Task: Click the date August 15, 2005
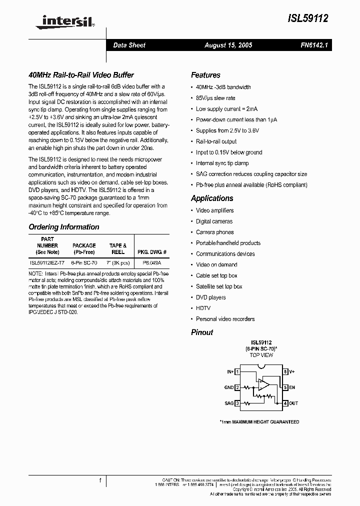pos(228,45)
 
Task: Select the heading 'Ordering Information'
pos(64,227)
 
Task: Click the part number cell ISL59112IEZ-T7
pos(47,262)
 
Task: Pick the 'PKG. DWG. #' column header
pos(151,252)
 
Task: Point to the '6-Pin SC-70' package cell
pos(84,262)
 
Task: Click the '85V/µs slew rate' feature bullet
pos(215,98)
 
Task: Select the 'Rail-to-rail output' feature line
pos(216,141)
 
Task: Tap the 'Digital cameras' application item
pos(214,221)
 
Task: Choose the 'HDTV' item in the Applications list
pos(203,308)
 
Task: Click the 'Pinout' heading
pos(202,332)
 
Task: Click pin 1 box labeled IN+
pos(238,371)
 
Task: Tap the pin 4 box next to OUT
pos(285,403)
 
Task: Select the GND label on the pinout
pos(228,387)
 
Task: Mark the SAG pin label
pos(228,403)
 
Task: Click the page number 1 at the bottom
pos(100,480)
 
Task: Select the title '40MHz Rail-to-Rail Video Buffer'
pos(81,75)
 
